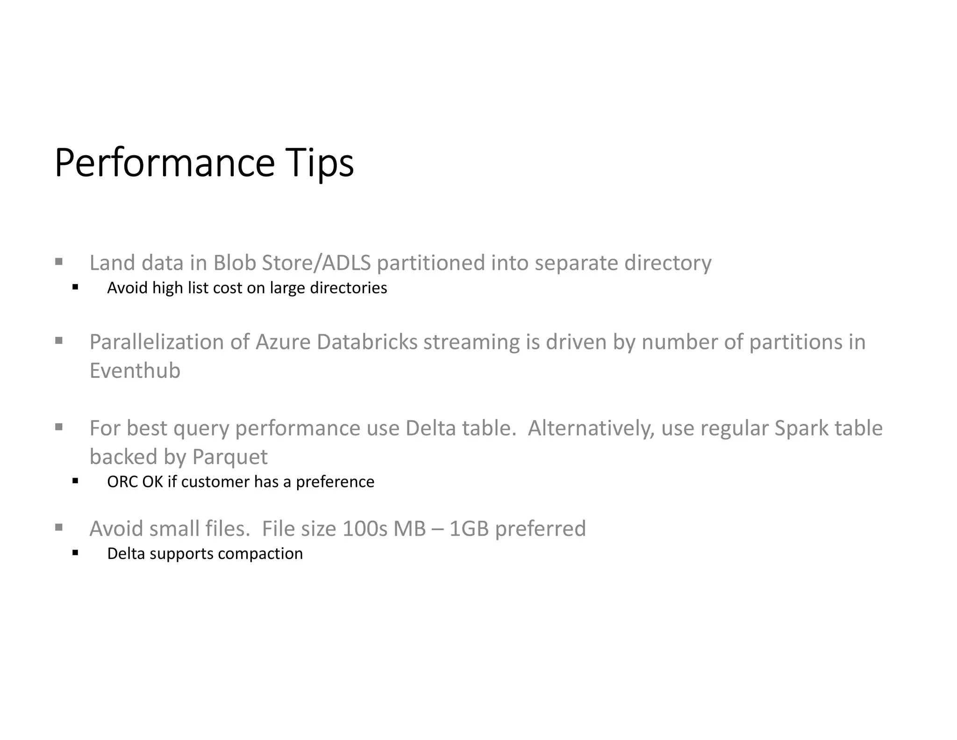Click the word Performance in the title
point(164,163)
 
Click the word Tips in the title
point(320,163)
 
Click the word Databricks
point(367,342)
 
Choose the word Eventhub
point(135,370)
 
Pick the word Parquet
point(230,457)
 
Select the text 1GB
point(469,529)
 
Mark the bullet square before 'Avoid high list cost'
point(75,287)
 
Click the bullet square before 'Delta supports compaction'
point(75,553)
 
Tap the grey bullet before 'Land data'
point(59,261)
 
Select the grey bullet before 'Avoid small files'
point(59,528)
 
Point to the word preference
point(335,482)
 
